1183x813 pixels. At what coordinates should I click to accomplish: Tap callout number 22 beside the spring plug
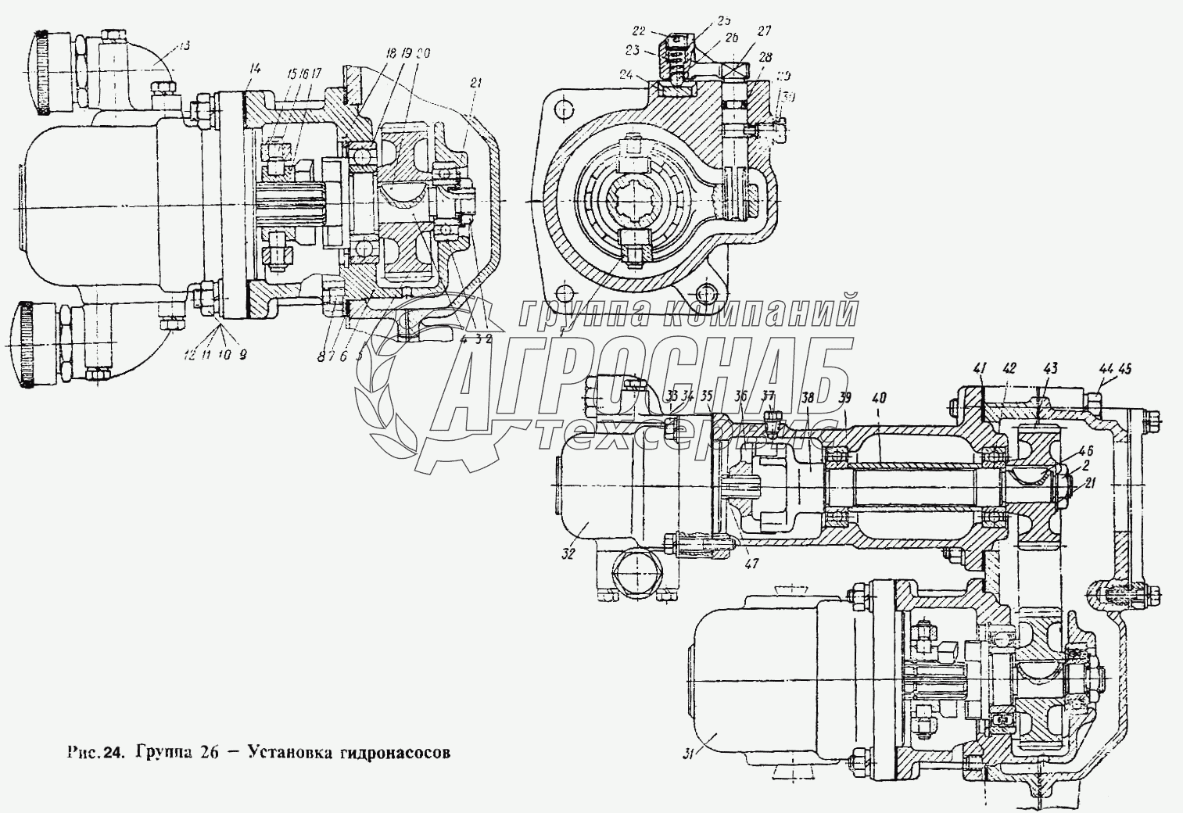pyautogui.click(x=638, y=30)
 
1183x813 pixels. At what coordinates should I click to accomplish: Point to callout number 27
pyautogui.click(x=762, y=32)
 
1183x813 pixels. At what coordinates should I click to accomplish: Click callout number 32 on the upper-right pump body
pyautogui.click(x=568, y=553)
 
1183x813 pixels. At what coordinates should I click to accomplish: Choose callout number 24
pyautogui.click(x=645, y=76)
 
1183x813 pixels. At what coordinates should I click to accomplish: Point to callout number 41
pyautogui.click(x=980, y=367)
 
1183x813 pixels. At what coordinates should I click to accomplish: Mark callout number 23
pyautogui.click(x=632, y=50)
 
